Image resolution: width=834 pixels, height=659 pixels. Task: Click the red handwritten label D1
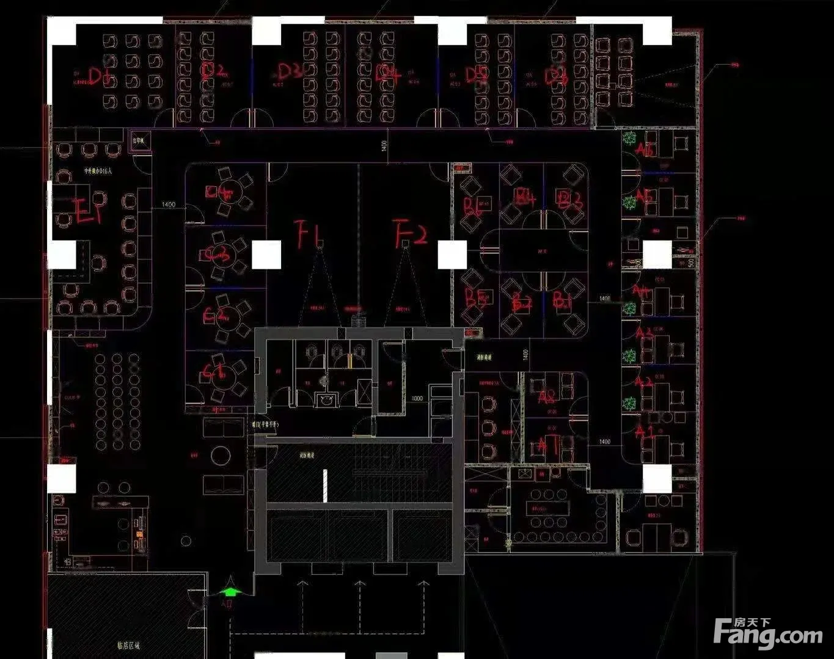point(100,76)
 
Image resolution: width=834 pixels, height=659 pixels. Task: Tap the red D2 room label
point(213,71)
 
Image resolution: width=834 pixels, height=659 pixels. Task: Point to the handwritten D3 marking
point(290,72)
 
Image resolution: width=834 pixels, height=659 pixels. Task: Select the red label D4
point(388,75)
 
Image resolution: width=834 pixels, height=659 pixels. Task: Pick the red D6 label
point(555,76)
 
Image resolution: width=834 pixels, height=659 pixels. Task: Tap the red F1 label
point(308,233)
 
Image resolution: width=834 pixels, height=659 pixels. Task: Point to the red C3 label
point(218,255)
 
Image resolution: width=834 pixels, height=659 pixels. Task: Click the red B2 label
point(521,301)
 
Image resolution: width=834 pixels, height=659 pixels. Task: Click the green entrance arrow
point(230,591)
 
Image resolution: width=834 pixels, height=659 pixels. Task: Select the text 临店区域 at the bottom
point(128,645)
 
